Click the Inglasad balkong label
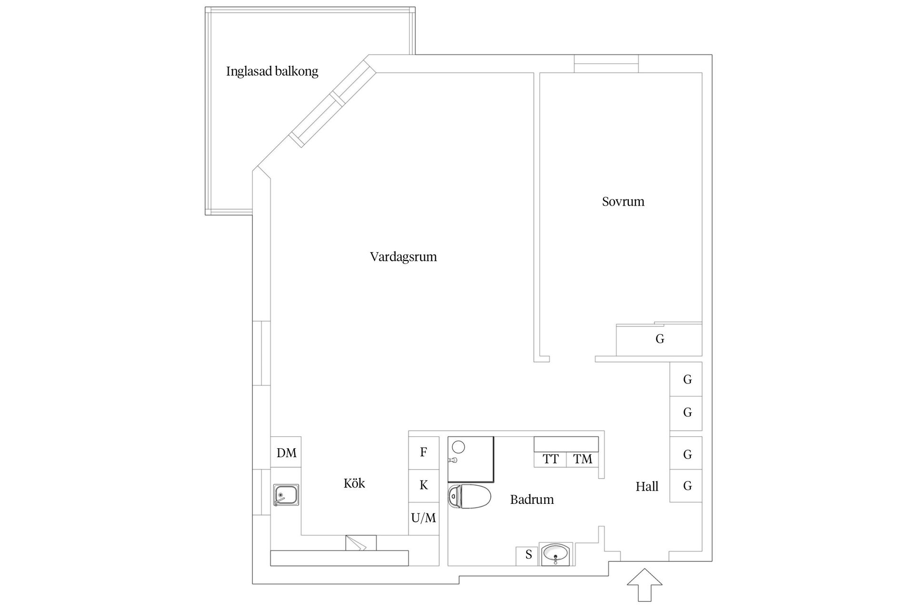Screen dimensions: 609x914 (272, 71)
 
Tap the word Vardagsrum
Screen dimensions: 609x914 (403, 257)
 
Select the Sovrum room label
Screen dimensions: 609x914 (623, 202)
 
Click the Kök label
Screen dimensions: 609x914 (354, 483)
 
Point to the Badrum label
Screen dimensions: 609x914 (532, 500)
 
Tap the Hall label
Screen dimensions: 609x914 (647, 487)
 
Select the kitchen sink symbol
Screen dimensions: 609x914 (286, 495)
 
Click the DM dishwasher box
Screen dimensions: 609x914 (286, 452)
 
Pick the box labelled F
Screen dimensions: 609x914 (423, 452)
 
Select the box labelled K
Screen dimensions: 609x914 (423, 485)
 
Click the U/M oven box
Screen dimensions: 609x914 (423, 518)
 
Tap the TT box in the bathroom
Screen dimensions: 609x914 (550, 459)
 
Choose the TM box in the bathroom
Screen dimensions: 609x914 (583, 459)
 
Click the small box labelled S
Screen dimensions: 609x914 (528, 555)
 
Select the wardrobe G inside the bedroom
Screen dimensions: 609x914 (659, 340)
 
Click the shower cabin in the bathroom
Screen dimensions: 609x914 (470, 459)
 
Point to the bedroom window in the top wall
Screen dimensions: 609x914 (606, 64)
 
